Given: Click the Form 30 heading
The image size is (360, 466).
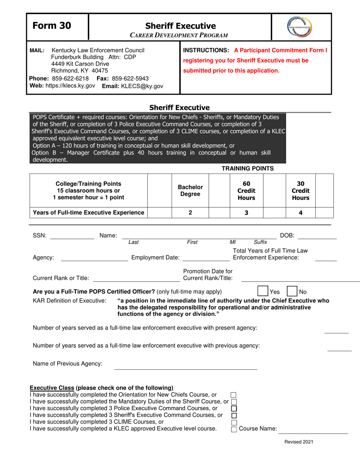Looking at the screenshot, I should click(52, 25).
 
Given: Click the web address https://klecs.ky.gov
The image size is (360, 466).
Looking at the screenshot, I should click(70, 86).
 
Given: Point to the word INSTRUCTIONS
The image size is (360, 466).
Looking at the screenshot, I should click(207, 50).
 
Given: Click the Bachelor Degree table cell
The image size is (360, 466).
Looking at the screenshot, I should click(190, 191).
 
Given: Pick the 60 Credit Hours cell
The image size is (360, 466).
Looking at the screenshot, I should click(246, 191).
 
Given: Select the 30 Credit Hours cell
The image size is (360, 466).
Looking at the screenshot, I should click(301, 191).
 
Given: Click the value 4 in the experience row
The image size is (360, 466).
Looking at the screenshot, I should click(301, 213).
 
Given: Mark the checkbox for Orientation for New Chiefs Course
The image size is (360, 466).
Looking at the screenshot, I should click(234, 395).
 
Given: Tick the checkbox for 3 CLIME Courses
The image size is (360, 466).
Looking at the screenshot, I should click(234, 422).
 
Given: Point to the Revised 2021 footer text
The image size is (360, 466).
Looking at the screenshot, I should click(299, 442).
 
